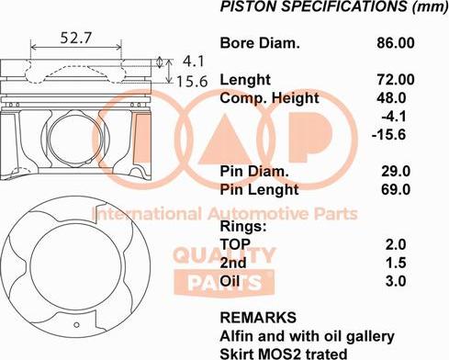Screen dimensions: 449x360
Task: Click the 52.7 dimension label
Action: coord(75,38)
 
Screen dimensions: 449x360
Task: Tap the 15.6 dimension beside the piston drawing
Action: coord(192,82)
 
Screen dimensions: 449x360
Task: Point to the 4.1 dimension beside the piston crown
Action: coord(194,62)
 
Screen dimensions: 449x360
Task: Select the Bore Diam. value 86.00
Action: coord(396,43)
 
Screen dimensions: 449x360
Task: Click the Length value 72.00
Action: coord(396,80)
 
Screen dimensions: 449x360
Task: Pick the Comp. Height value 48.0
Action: coord(391,98)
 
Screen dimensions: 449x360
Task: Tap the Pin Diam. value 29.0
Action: coord(396,172)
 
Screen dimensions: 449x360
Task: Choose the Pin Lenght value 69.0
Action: coord(396,190)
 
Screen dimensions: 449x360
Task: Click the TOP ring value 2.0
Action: coord(396,244)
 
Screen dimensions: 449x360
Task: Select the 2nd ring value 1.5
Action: coord(396,263)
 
